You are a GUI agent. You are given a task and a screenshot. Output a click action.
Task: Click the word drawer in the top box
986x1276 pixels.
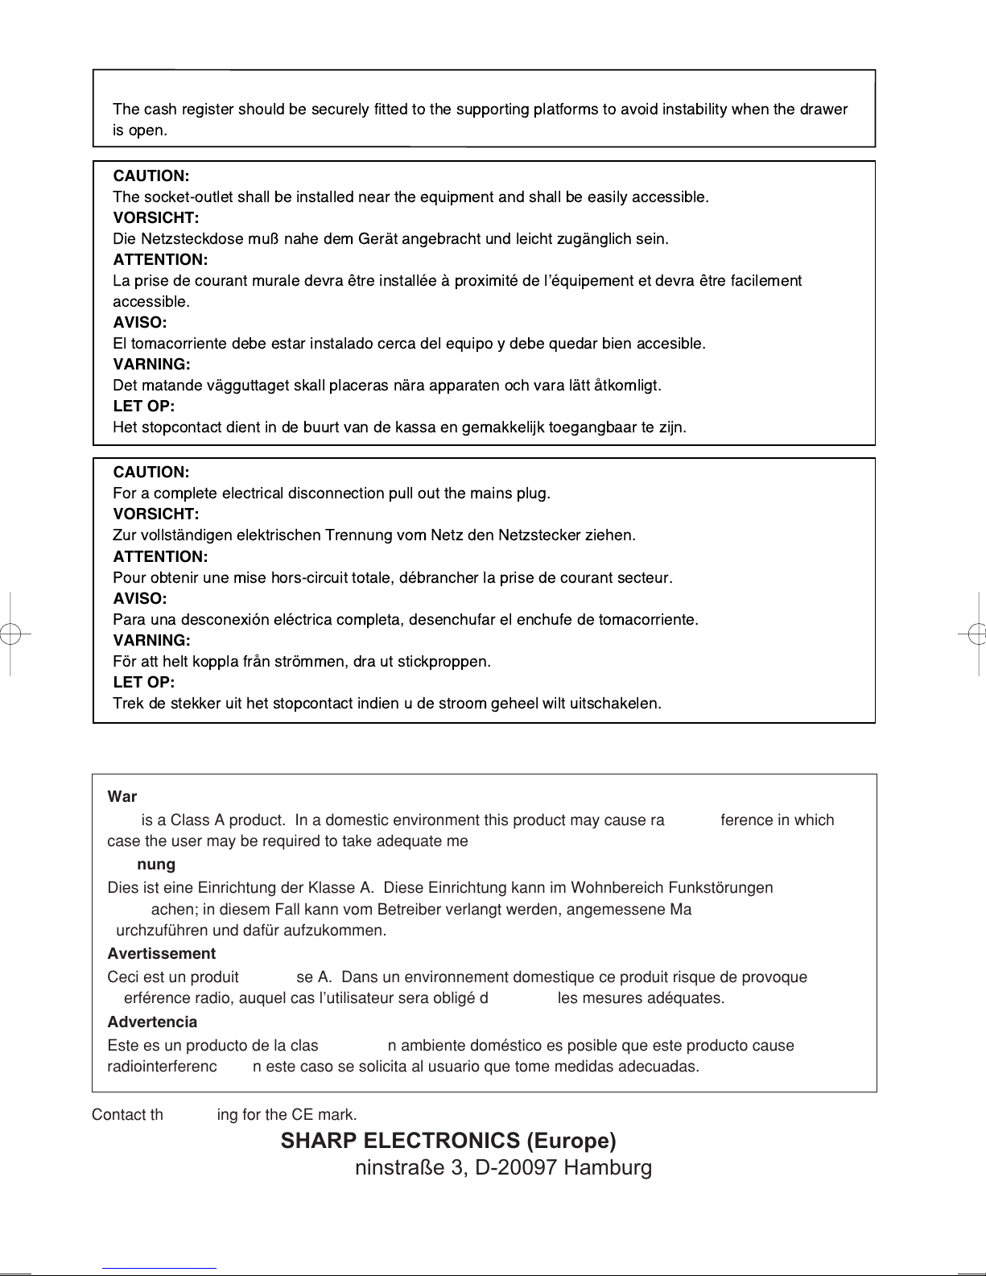(x=824, y=109)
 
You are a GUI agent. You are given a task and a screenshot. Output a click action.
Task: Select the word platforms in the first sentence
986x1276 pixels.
(x=565, y=109)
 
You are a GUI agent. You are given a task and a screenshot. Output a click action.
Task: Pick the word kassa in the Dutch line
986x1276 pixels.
(x=415, y=427)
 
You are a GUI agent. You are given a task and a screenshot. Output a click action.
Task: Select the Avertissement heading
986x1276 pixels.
(x=161, y=954)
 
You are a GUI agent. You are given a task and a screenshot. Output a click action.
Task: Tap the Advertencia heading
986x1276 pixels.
(x=152, y=1022)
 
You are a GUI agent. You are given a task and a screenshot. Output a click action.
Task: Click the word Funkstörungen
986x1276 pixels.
(x=720, y=888)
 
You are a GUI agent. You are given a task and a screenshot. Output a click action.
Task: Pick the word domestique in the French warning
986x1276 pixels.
(x=553, y=977)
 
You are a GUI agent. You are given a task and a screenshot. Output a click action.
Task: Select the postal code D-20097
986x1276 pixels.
(x=518, y=1167)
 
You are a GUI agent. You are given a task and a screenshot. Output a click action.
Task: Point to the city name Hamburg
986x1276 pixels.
(x=609, y=1167)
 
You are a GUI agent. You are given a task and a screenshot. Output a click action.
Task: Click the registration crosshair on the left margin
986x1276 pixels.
(x=10, y=634)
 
